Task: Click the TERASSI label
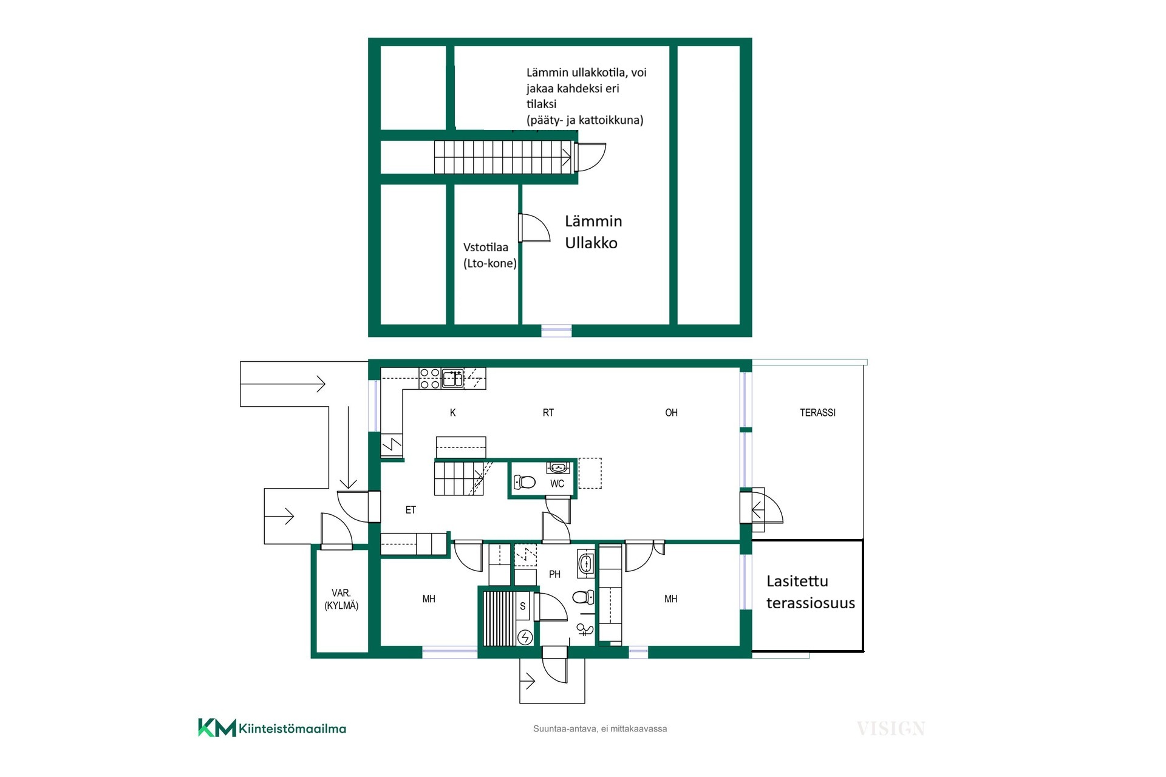(x=817, y=413)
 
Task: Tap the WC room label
(x=557, y=484)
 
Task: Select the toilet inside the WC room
(x=525, y=482)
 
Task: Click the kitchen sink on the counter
(x=452, y=378)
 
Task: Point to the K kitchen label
(x=452, y=413)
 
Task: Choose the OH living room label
(x=671, y=413)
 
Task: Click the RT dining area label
(x=548, y=413)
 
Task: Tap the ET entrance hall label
(x=411, y=510)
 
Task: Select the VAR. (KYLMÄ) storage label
(x=341, y=599)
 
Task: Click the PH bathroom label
(x=554, y=574)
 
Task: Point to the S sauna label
(x=522, y=606)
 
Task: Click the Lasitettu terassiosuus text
(x=810, y=592)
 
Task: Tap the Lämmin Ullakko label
(x=593, y=232)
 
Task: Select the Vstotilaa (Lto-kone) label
(x=489, y=256)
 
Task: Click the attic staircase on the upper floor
(x=503, y=157)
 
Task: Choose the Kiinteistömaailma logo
(x=272, y=728)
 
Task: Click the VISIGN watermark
(x=891, y=728)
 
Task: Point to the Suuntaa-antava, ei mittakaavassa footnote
(x=600, y=728)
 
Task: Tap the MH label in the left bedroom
(x=429, y=599)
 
